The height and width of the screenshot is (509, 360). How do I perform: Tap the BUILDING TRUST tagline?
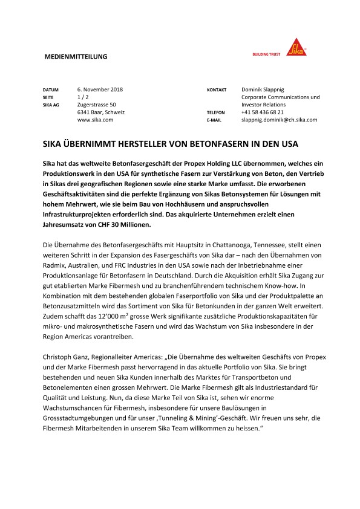coord(267,53)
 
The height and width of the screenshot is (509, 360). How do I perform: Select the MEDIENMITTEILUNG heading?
coord(76,56)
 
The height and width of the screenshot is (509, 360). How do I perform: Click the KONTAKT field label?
coord(217,89)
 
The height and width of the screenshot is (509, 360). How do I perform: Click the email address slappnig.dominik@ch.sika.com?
coord(279,120)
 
